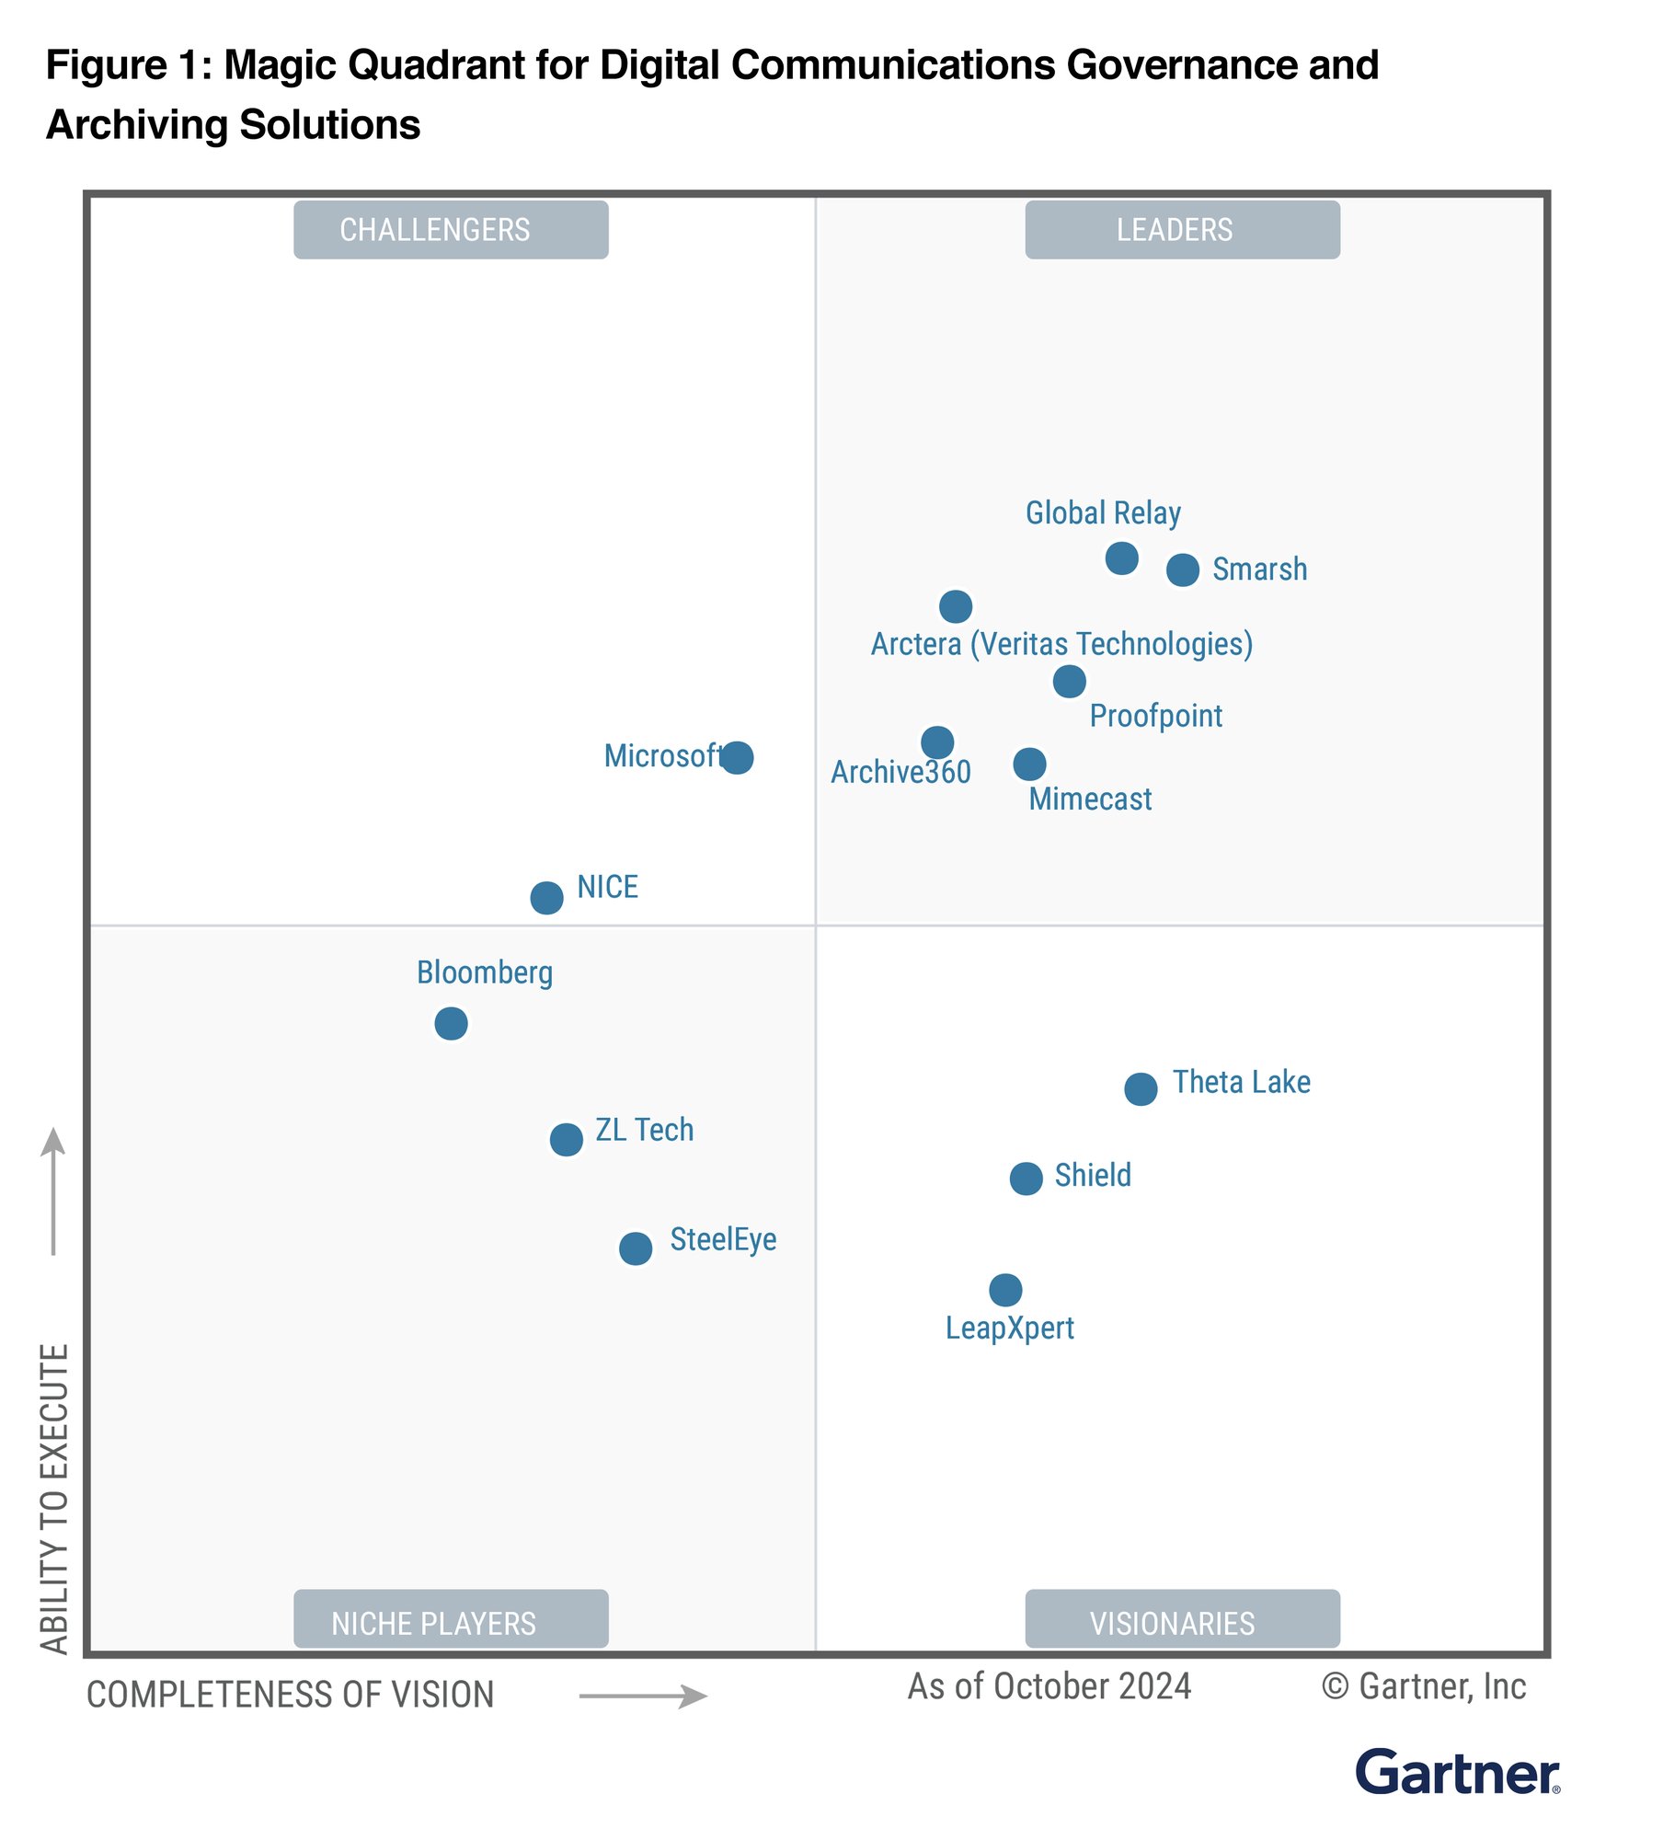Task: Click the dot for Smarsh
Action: point(1182,569)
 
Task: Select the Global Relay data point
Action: point(1121,558)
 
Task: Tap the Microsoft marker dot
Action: point(737,757)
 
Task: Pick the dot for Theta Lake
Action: point(1141,1088)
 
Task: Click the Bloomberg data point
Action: point(451,1023)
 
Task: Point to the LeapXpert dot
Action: point(1005,1290)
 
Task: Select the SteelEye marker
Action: point(636,1248)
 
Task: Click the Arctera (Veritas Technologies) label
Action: point(1061,644)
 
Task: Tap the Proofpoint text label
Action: point(1155,716)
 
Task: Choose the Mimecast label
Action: point(1090,799)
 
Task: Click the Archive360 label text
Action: point(900,772)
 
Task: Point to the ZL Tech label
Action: point(644,1130)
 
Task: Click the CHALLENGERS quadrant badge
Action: point(451,230)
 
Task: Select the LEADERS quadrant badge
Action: point(1182,230)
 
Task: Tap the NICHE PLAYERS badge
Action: point(451,1623)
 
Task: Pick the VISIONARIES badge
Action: point(1182,1623)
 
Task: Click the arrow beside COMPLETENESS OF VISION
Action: point(643,1696)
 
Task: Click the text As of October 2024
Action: point(1049,1686)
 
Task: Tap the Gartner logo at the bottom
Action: point(1457,1773)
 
